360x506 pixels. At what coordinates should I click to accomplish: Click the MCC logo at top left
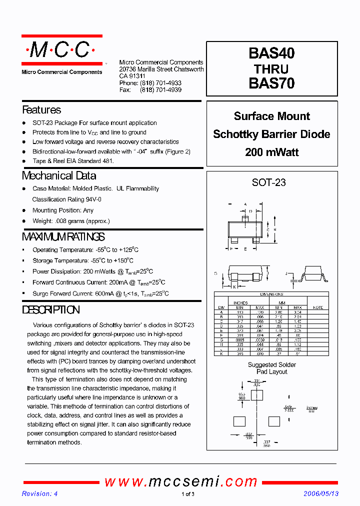(x=61, y=50)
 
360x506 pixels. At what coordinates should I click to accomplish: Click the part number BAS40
(x=271, y=53)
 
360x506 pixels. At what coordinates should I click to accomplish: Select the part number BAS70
(x=271, y=83)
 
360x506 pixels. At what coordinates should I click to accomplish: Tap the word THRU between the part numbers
(x=271, y=68)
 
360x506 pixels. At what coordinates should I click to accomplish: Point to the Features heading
(x=41, y=110)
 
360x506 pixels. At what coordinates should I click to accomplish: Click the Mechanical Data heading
(x=59, y=176)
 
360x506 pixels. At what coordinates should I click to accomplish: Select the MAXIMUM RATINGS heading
(x=63, y=237)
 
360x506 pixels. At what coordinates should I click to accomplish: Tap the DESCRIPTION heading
(x=51, y=310)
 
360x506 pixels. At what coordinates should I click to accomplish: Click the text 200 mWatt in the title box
(x=271, y=152)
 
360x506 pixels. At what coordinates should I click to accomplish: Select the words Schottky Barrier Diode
(x=271, y=134)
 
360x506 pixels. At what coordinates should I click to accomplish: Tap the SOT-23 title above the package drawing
(x=269, y=182)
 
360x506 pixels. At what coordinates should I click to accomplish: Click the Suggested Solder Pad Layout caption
(x=271, y=368)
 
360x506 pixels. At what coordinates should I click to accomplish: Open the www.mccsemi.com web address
(x=181, y=481)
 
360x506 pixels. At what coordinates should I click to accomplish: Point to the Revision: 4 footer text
(x=39, y=494)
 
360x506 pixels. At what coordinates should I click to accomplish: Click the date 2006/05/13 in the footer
(x=321, y=494)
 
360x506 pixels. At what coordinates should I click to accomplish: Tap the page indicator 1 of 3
(x=187, y=494)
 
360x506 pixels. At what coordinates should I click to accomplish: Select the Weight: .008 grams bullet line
(x=71, y=221)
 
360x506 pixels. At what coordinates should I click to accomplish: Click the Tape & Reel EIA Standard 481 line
(x=73, y=161)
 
